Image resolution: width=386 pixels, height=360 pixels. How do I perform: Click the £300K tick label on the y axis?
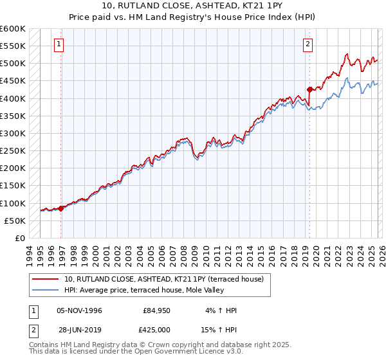(x=12, y=134)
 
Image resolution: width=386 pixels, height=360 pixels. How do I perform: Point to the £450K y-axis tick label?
(x=12, y=81)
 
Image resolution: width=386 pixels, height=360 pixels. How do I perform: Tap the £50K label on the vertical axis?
(x=14, y=221)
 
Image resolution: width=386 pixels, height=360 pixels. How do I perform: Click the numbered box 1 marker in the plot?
(x=59, y=44)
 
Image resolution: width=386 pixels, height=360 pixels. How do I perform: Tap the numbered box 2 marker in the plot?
(x=308, y=44)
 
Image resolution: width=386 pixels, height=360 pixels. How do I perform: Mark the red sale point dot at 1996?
(x=61, y=208)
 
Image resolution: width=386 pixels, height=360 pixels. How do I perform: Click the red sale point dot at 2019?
(x=309, y=89)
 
